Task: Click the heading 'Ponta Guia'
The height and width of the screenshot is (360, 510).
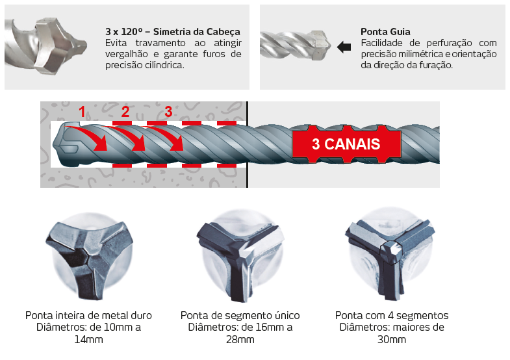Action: tap(385, 32)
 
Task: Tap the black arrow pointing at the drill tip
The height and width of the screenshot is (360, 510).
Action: tap(344, 47)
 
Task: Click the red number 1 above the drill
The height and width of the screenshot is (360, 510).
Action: tap(82, 112)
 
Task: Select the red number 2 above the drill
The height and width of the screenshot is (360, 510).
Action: tap(125, 112)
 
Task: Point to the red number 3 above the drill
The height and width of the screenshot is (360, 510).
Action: tap(168, 112)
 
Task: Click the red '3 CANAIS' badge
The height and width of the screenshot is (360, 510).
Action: tap(346, 144)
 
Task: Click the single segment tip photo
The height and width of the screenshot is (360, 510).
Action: tap(240, 256)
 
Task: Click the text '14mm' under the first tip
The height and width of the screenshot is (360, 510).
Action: tap(89, 339)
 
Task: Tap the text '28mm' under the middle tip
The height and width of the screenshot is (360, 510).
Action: tap(240, 339)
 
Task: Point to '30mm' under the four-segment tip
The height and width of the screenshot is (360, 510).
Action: tap(392, 339)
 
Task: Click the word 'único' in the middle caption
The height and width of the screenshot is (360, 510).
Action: tap(287, 315)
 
